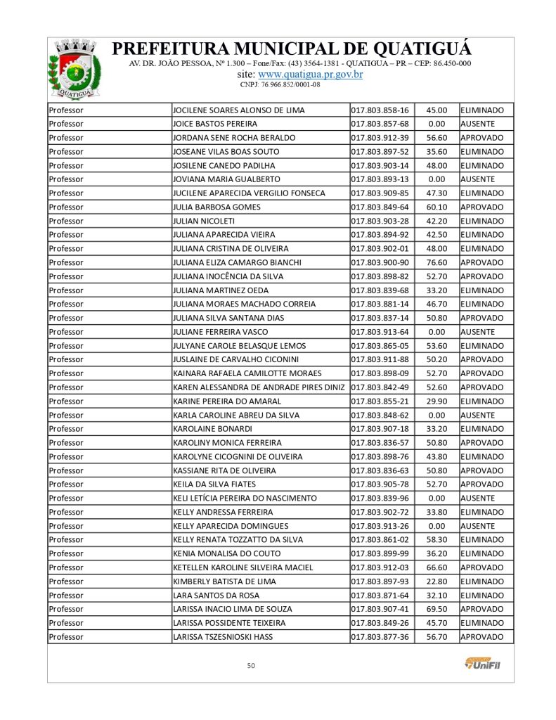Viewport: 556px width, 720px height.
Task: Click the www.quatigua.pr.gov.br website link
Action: coord(310,74)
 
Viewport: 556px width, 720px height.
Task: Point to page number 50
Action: coord(251,665)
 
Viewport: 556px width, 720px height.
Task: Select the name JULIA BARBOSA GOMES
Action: coord(216,207)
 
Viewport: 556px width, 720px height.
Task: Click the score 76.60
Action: coord(437,263)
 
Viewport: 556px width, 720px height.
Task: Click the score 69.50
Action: coord(437,609)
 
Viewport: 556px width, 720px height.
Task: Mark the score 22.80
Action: coord(437,581)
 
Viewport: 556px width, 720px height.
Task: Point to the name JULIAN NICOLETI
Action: coord(205,221)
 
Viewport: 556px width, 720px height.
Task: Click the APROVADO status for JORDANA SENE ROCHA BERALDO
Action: coord(481,138)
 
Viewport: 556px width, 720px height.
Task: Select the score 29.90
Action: coord(437,401)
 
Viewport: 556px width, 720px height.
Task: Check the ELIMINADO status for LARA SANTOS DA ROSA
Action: coord(481,596)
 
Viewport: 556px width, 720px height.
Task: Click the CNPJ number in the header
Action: coord(280,84)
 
